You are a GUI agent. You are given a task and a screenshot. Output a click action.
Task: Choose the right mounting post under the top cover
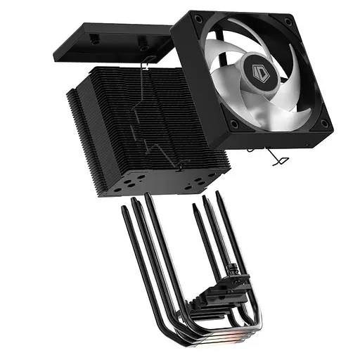(x=143, y=50)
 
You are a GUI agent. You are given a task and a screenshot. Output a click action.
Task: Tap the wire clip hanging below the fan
(x=276, y=157)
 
